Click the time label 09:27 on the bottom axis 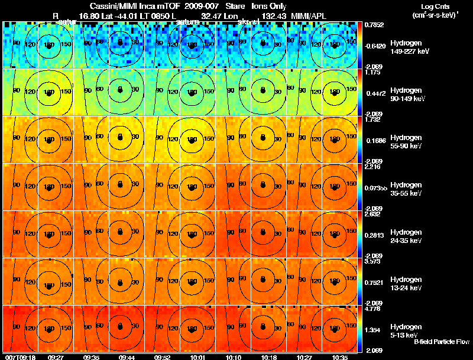coord(56,356)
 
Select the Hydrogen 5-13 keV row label coord(406,331)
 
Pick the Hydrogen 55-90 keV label coord(406,142)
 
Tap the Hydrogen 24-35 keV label coord(406,236)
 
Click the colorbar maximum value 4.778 coord(372,309)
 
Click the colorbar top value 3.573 coord(372,261)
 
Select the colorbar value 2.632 coord(372,214)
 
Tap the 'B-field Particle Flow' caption coord(440,342)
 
